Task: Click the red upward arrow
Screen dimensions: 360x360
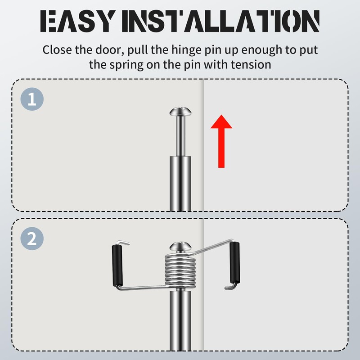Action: (x=221, y=141)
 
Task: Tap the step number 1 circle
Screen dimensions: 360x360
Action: (x=32, y=99)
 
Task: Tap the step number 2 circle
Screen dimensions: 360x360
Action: (x=32, y=238)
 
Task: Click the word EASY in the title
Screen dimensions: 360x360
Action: (x=78, y=21)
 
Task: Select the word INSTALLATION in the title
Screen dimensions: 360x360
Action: (x=220, y=21)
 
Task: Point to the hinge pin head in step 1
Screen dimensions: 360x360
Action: (x=180, y=111)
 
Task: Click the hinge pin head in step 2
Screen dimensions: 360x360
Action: (x=180, y=246)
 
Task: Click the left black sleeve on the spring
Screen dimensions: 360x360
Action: (x=117, y=265)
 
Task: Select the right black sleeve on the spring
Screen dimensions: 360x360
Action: (x=235, y=262)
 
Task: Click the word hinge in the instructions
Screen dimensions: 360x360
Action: (x=186, y=50)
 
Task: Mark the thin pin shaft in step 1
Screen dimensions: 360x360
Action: (x=180, y=136)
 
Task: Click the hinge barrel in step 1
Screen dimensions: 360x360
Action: (x=180, y=184)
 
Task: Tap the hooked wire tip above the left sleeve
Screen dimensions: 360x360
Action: (x=123, y=243)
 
